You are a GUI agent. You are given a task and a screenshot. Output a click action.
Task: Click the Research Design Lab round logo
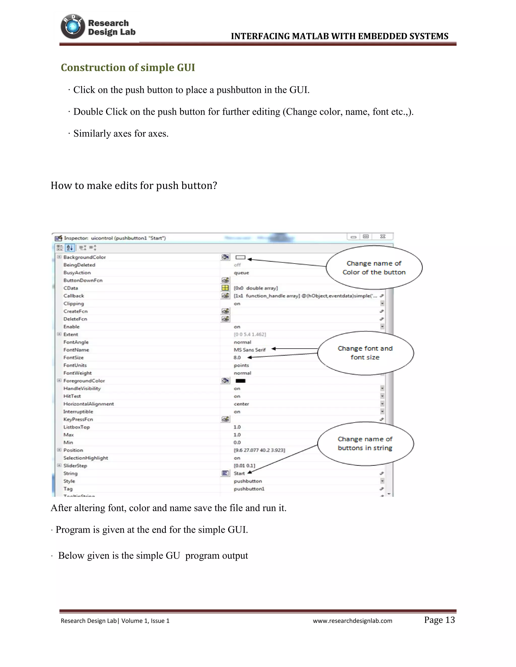click(73, 27)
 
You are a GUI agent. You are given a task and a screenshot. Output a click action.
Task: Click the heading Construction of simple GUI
click(128, 67)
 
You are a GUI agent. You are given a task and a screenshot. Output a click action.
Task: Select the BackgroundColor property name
click(84, 257)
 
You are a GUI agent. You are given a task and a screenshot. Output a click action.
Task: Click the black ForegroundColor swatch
click(241, 381)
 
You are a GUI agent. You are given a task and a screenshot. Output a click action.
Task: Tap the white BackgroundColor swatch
click(241, 257)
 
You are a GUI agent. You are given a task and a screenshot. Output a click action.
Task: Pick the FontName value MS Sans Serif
click(249, 350)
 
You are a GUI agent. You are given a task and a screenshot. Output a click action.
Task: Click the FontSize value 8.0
click(237, 357)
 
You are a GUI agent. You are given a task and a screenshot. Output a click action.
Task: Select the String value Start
click(239, 473)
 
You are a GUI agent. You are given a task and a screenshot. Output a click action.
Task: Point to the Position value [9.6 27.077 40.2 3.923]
click(259, 450)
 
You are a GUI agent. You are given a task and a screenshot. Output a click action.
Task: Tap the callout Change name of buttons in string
click(365, 443)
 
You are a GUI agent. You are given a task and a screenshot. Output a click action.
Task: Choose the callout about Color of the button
click(374, 268)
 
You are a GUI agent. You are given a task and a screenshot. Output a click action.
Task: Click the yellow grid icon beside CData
click(225, 288)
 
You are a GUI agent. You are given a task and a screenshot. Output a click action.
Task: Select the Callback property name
click(74, 296)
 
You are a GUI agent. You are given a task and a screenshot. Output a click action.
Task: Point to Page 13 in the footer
click(439, 620)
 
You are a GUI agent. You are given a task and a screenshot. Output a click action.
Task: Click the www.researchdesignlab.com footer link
click(352, 621)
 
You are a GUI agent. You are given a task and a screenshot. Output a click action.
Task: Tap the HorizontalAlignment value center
click(241, 404)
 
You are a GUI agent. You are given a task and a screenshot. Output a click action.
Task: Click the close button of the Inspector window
click(382, 237)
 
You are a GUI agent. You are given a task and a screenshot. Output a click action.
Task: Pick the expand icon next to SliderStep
click(59, 465)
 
